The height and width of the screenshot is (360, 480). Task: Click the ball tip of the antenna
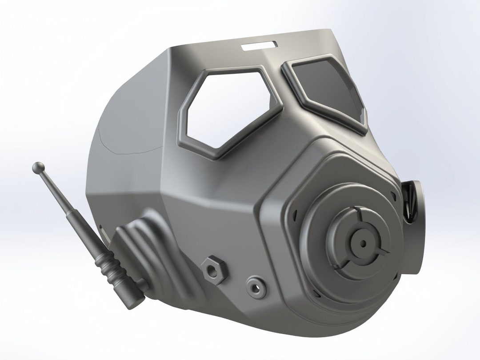(37, 168)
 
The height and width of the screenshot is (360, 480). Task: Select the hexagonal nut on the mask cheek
(214, 269)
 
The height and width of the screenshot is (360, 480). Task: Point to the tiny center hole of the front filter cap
(363, 243)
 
